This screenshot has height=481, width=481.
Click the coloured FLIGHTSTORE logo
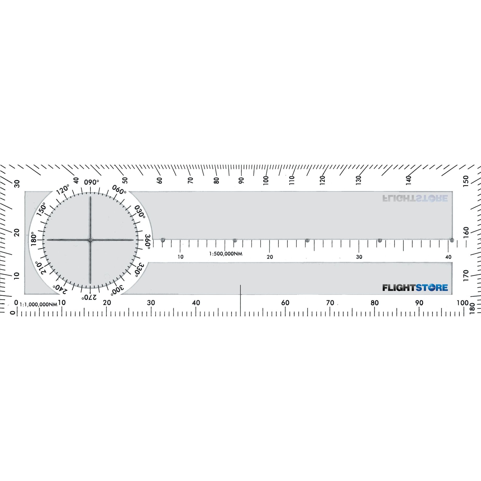(x=415, y=288)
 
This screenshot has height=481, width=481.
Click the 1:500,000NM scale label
(x=226, y=254)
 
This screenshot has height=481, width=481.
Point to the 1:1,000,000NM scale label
(x=38, y=304)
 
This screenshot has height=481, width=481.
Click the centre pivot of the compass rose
(x=90, y=240)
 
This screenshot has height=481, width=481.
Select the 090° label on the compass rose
(x=91, y=182)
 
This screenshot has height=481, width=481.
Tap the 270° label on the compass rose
(x=89, y=297)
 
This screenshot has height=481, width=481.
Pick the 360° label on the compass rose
(x=148, y=241)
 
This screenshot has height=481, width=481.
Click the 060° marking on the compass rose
(x=119, y=190)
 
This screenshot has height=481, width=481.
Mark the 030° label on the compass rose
(x=140, y=211)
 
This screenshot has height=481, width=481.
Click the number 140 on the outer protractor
(x=409, y=180)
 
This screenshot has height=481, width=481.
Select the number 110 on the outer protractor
(x=292, y=180)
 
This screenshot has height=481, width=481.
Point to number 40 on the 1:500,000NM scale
(x=448, y=257)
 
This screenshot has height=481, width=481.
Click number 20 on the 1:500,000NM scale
(x=270, y=257)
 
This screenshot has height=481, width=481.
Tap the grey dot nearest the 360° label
(x=163, y=240)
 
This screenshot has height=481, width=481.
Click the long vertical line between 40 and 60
(x=240, y=301)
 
